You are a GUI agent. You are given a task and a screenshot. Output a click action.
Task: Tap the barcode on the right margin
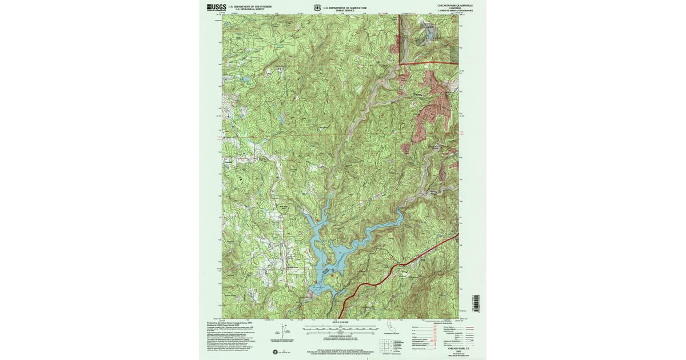tap(476, 303)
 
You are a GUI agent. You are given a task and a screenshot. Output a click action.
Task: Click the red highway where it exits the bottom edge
tap(342, 318)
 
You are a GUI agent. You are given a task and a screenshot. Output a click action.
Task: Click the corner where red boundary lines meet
tap(400, 63)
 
